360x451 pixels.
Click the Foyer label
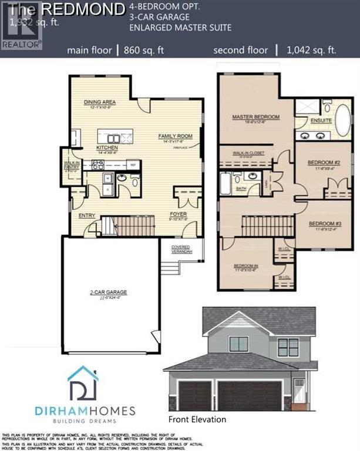click(178, 214)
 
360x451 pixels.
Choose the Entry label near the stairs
click(87, 215)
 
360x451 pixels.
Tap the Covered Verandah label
click(182, 249)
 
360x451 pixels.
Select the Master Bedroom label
click(255, 117)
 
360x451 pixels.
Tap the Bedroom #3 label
click(325, 224)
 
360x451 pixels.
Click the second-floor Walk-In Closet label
click(249, 153)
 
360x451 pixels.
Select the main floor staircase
click(128, 225)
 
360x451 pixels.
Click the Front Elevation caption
click(197, 419)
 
